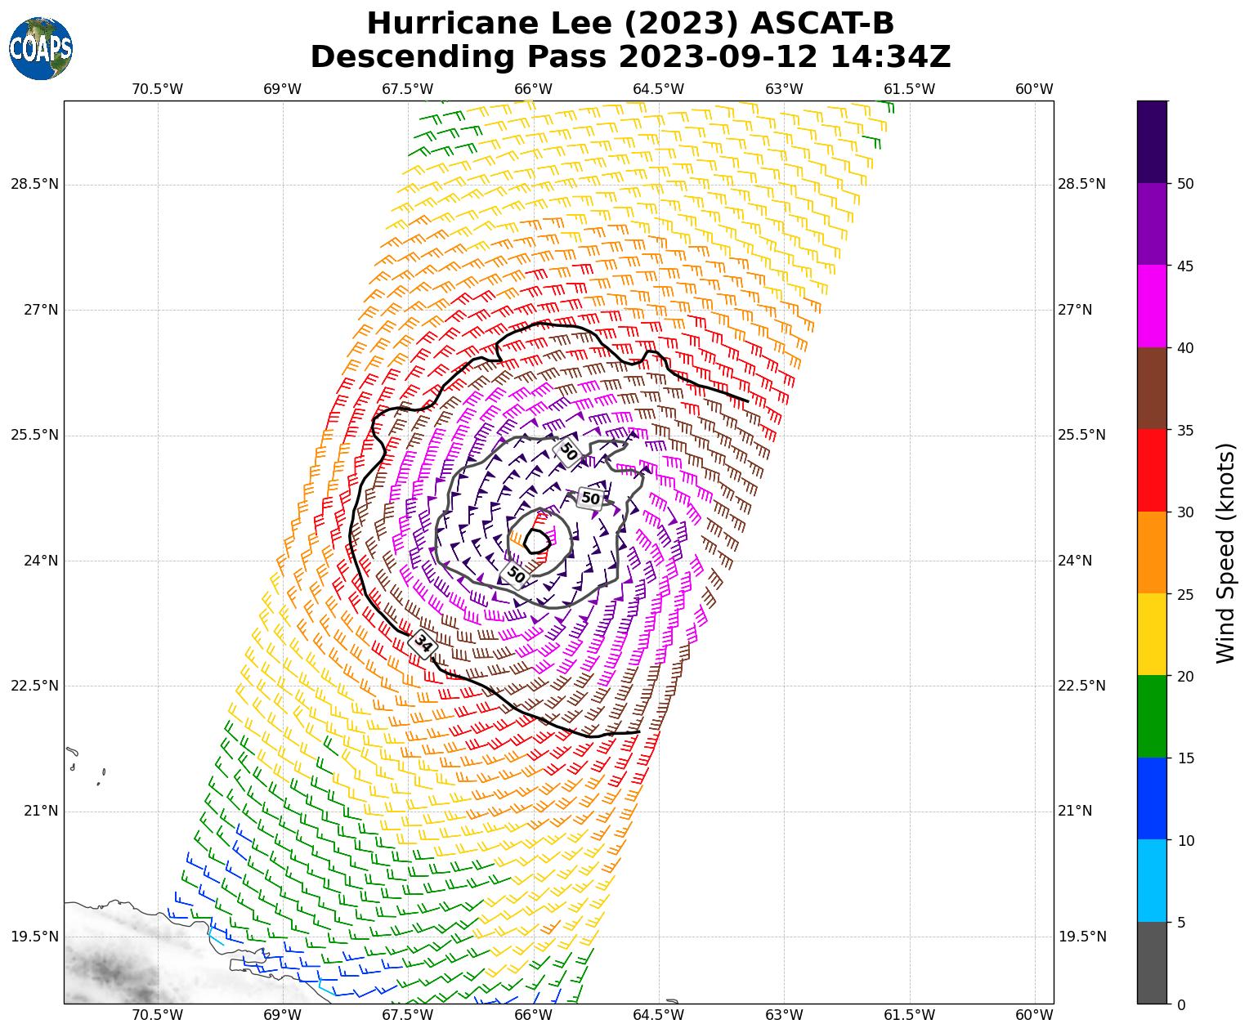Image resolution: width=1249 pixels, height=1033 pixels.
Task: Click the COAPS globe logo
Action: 41,48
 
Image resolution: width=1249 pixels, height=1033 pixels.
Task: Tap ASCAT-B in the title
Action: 817,24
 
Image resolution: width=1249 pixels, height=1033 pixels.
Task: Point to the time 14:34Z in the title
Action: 890,57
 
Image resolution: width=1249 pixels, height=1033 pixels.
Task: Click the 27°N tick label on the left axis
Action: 34,310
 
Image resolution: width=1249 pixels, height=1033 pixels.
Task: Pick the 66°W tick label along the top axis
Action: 533,89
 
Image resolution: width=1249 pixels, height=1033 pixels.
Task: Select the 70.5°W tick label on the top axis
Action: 158,89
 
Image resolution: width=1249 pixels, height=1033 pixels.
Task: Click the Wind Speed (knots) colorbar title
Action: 1225,553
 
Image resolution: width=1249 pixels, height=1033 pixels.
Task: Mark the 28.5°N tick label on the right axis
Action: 1081,184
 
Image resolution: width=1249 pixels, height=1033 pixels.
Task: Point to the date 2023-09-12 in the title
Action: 719,57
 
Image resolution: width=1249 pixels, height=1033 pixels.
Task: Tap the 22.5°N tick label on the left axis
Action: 34,686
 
